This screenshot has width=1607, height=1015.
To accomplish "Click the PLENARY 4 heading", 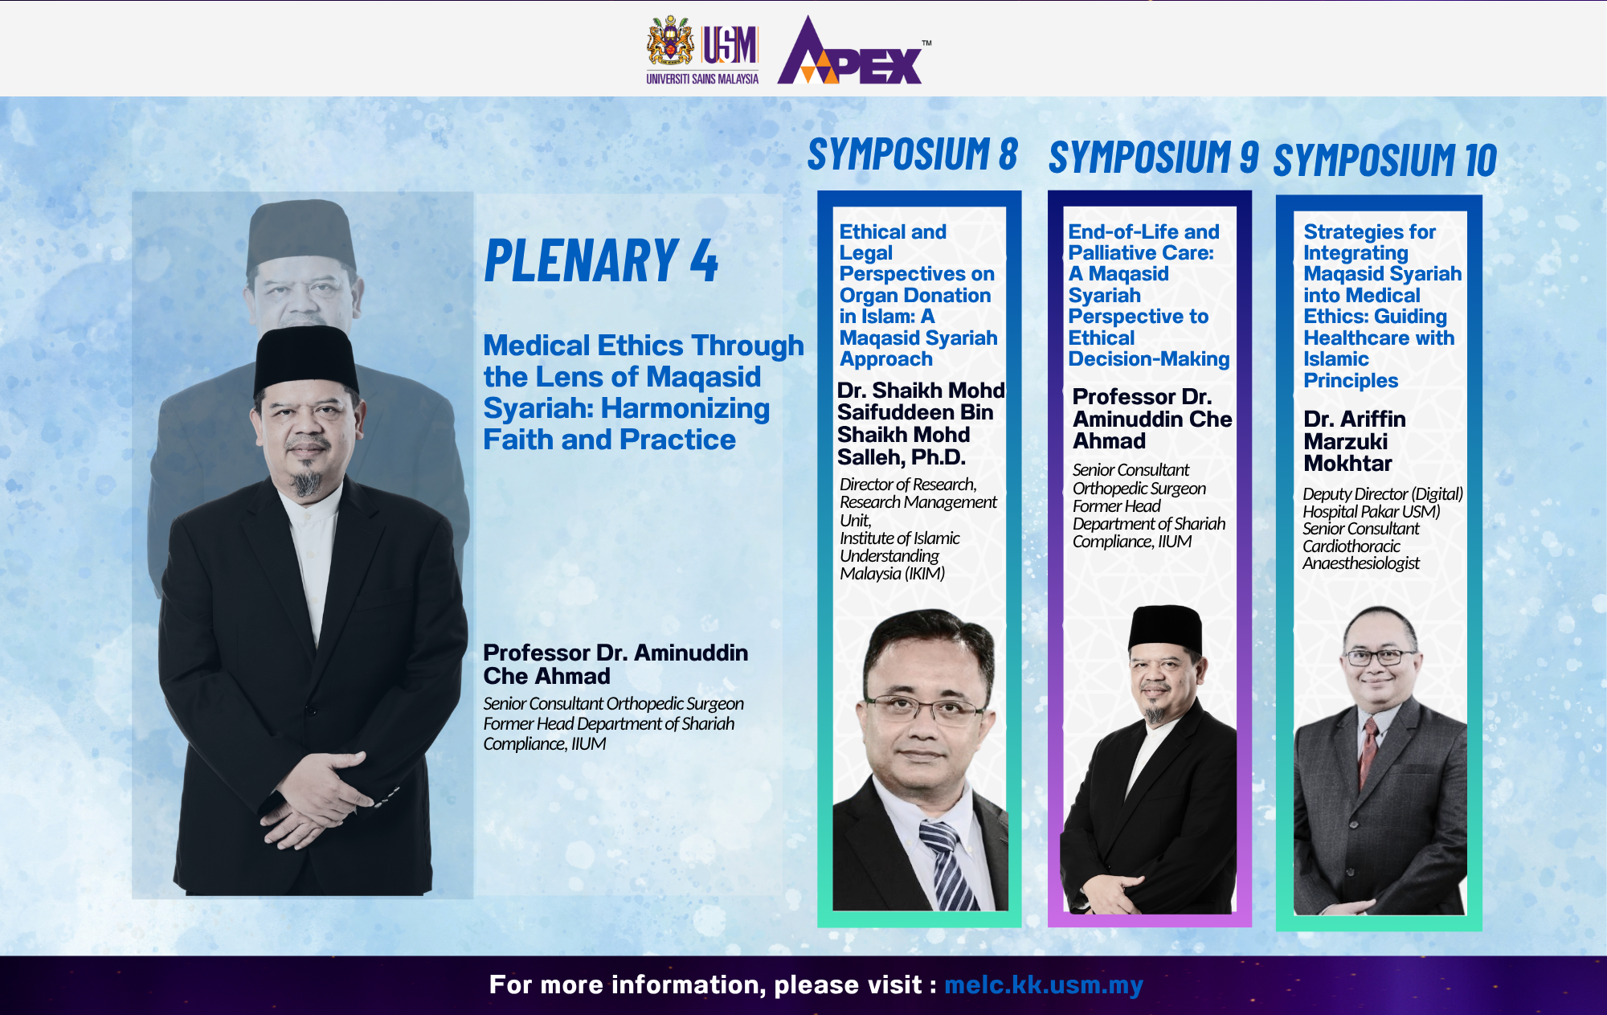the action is click(x=601, y=261).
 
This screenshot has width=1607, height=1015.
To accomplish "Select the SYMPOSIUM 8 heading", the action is click(x=912, y=154).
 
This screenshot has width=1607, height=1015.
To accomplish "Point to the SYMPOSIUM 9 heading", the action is click(x=1153, y=157).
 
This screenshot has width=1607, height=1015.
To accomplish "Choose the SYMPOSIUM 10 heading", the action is click(x=1385, y=160).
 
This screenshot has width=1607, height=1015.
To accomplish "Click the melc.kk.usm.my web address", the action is click(x=1043, y=984).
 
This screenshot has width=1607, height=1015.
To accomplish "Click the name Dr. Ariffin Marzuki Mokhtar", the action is click(x=1355, y=441).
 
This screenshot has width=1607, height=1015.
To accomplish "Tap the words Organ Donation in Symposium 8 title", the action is click(x=915, y=296).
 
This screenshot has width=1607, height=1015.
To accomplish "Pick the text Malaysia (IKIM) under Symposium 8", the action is click(x=892, y=574).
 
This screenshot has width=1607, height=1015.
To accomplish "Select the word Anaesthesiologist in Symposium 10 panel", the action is click(x=1361, y=563).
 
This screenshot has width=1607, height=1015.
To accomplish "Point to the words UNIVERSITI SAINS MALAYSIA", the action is click(x=702, y=79).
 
